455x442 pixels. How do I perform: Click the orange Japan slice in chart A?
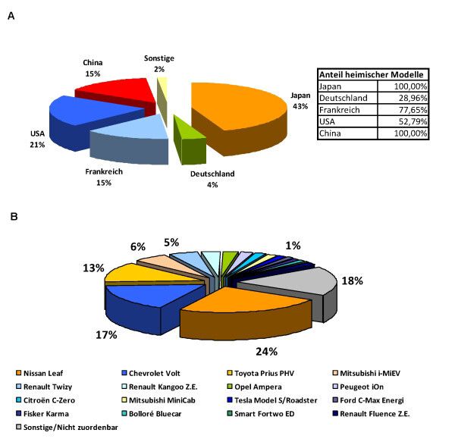[x=235, y=106]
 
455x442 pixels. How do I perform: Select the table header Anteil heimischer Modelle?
[x=372, y=74]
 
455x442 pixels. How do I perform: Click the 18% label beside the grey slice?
[x=352, y=281]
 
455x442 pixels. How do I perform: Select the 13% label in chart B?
[x=93, y=267]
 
